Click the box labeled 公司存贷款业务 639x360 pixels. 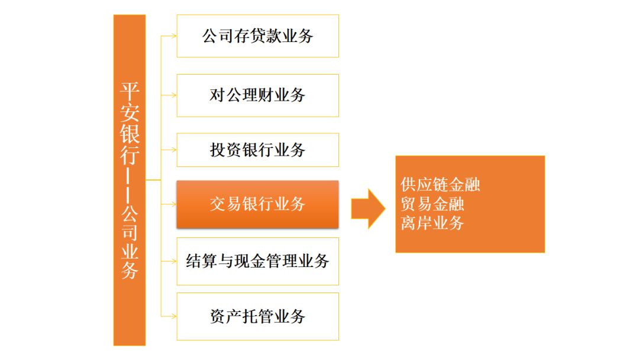pos(257,36)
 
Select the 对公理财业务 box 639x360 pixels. pos(257,95)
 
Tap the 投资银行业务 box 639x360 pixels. pos(257,150)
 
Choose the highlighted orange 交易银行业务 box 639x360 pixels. pos(257,204)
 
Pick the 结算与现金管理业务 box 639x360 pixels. pos(257,261)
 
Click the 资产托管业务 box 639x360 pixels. pos(257,316)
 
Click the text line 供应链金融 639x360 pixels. pos(440,185)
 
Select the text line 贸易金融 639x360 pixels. pos(433,204)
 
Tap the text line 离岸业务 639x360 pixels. pos(433,223)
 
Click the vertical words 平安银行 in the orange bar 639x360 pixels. pos(130,124)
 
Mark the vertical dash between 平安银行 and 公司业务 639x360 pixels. pos(129,185)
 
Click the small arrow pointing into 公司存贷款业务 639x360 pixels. pos(169,36)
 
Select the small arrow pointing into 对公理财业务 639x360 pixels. pos(169,95)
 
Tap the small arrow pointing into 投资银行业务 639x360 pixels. pos(169,150)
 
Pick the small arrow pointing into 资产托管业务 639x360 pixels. pos(169,316)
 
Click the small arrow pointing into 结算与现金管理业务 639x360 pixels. pos(169,261)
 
